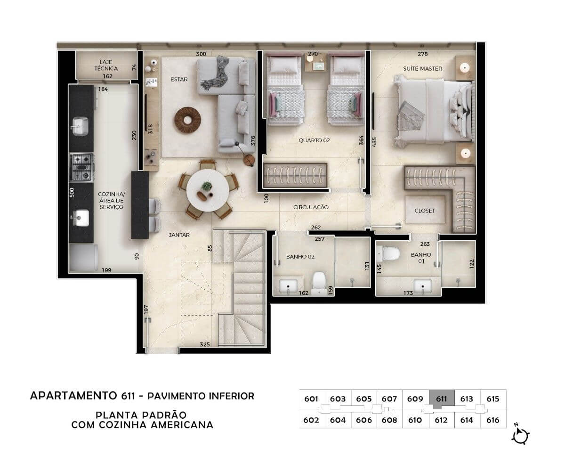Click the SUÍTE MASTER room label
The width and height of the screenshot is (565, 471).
pos(422,69)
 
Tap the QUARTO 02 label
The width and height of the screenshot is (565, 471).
pos(314,140)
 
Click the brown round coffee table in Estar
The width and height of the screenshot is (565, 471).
pos(187,120)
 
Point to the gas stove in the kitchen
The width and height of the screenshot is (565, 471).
pos(81,167)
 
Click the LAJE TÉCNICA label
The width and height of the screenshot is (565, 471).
pos(106,65)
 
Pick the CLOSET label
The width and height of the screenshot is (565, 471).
pos(425,211)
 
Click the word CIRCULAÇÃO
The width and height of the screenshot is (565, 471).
pos(311,207)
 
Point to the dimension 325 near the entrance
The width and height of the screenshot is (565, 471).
pos(205,344)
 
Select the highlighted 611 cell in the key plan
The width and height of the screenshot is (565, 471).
pos(442,399)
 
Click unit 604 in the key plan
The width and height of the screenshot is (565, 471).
pos(338,420)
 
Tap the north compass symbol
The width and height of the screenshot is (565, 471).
pos(520,436)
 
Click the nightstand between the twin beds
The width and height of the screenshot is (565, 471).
pos(315,63)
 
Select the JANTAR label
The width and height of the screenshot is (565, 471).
pos(179,235)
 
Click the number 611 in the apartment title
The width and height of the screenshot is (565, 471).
pos(128,396)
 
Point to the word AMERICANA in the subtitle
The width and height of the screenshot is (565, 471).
pos(182,425)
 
